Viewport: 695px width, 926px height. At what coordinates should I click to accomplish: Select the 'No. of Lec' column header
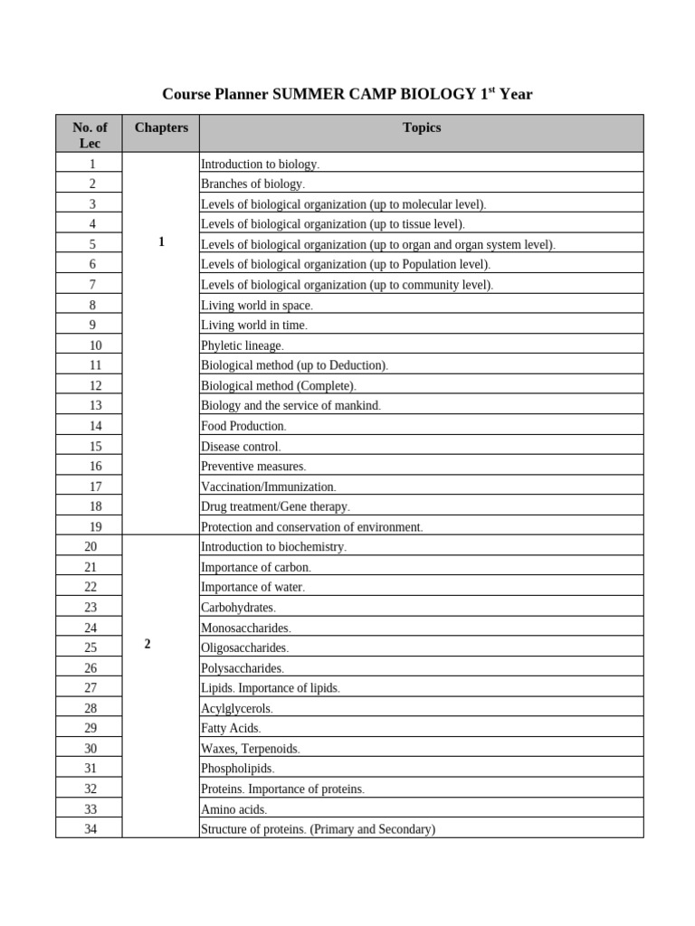pos(89,135)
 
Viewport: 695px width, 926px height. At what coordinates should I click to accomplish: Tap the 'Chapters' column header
pos(161,128)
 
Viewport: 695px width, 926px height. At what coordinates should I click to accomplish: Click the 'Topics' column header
pos(422,128)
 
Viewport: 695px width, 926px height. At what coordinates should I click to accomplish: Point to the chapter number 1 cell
pos(161,242)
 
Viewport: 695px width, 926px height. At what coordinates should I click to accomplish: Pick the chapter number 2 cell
pos(148,644)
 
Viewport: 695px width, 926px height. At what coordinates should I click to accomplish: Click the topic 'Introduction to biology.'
pos(260,165)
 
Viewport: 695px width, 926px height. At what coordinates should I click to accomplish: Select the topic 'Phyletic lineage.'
pos(243,345)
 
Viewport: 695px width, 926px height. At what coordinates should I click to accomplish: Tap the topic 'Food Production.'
pos(243,426)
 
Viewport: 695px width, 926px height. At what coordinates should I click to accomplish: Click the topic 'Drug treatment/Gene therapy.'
pos(275,506)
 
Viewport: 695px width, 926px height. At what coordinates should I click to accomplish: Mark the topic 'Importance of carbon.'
pos(256,567)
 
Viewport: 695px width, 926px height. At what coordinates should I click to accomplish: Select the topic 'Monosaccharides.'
pos(246,628)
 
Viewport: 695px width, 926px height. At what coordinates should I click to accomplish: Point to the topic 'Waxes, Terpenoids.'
pos(251,749)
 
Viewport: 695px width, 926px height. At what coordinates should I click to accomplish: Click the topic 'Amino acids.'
pos(233,809)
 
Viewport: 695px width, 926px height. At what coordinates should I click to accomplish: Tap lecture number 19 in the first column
pos(89,526)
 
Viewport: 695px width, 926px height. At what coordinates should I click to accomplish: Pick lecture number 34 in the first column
pos(89,829)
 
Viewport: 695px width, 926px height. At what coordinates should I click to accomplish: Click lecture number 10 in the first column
pos(89,345)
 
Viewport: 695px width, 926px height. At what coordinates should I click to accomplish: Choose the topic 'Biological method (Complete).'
pos(279,386)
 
